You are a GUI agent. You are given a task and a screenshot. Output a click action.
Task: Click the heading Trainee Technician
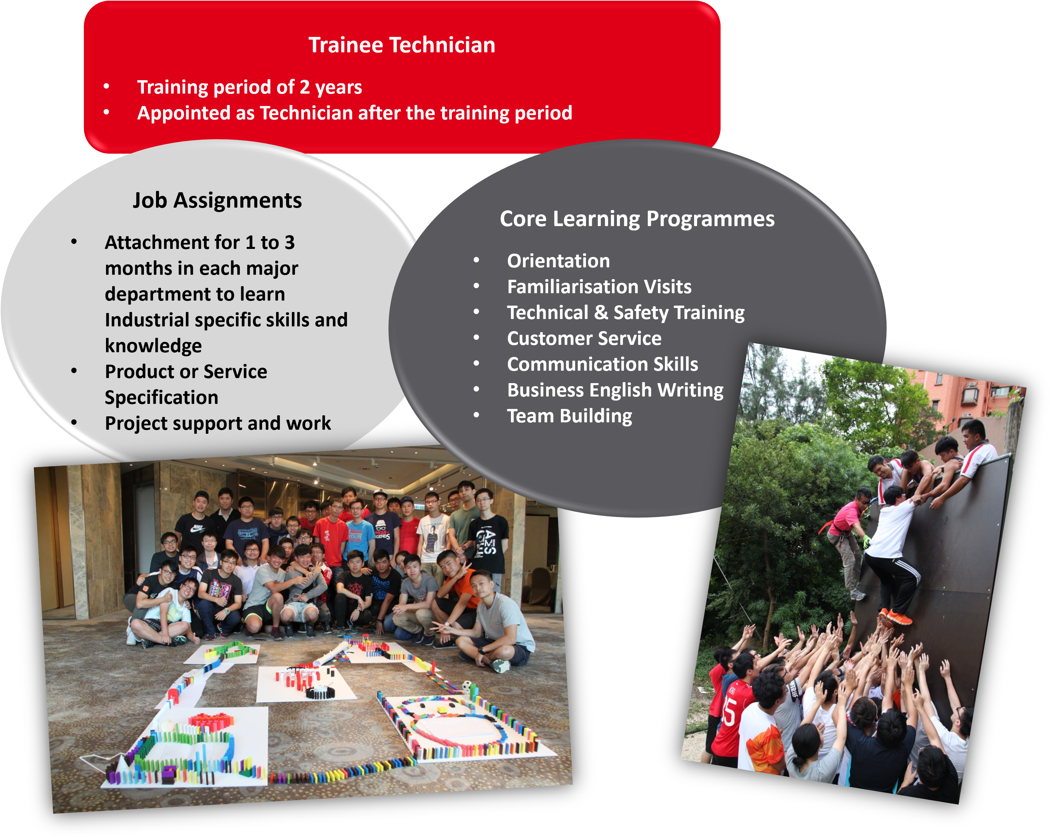(402, 45)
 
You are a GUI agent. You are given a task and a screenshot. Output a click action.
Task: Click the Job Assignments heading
(217, 200)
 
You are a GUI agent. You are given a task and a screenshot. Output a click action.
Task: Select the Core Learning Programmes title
(637, 219)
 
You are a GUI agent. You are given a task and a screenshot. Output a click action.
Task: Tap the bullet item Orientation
(558, 261)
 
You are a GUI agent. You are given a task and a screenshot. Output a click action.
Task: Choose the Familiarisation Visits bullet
(599, 287)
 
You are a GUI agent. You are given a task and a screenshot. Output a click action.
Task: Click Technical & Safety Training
(626, 313)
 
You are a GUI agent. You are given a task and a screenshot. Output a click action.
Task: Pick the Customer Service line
(584, 338)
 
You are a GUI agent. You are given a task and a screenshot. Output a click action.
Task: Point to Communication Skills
(602, 364)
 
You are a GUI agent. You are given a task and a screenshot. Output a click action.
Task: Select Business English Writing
(615, 390)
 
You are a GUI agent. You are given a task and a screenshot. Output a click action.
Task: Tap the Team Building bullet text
(569, 416)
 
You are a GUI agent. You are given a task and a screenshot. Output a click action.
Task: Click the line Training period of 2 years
(249, 88)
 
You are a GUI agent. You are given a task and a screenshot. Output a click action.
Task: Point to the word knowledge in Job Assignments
(153, 346)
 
